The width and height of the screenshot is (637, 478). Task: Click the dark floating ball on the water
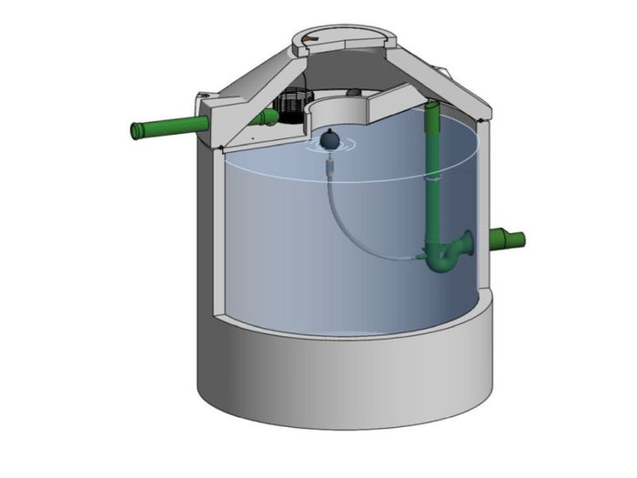coord(329,140)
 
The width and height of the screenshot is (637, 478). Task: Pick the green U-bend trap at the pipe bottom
coord(443,259)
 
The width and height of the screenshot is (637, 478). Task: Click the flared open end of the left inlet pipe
coord(139,131)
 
